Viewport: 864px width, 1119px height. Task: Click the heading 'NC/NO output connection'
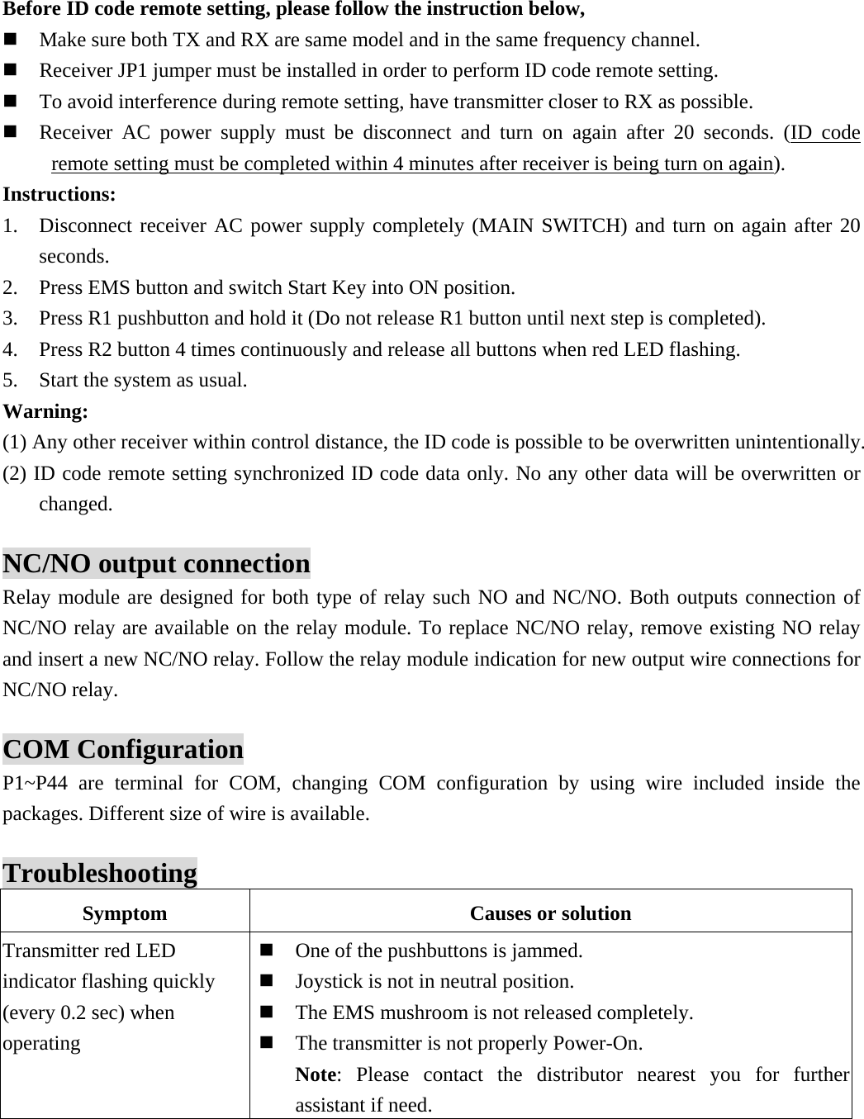157,564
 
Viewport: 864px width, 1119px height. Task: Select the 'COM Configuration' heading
124,750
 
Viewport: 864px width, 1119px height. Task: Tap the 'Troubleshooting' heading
100,874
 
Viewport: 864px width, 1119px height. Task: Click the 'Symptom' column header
125,913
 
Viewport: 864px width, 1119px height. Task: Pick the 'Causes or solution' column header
550,913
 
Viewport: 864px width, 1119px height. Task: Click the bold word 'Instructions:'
59,195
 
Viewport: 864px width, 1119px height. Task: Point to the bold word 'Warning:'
46,411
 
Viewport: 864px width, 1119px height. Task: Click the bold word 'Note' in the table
316,1074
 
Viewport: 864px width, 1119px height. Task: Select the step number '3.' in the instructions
12,319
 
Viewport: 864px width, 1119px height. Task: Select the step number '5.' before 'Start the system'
12,381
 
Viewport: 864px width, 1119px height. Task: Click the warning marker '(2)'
16,474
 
